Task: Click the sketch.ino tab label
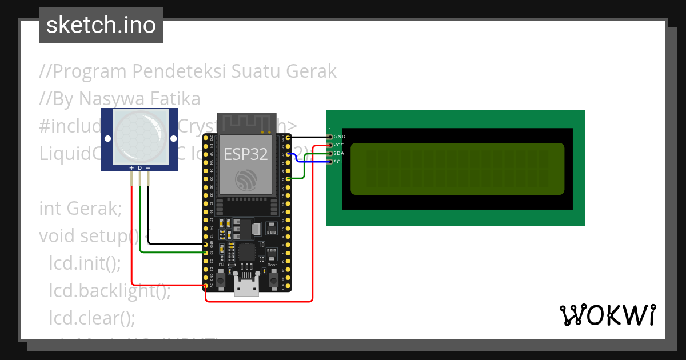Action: pyautogui.click(x=101, y=25)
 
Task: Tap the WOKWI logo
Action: pyautogui.click(x=607, y=315)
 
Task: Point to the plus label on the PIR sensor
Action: pyautogui.click(x=131, y=168)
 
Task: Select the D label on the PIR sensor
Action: pyautogui.click(x=139, y=168)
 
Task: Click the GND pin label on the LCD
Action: pyautogui.click(x=340, y=137)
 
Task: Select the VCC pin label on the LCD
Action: pyautogui.click(x=339, y=145)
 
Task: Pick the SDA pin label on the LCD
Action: pyautogui.click(x=339, y=154)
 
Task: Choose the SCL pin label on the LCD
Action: pyautogui.click(x=338, y=162)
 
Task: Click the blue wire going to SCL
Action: pyautogui.click(x=309, y=162)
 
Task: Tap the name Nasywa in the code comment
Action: pyautogui.click(x=103, y=99)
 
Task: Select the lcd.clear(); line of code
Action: pyautogui.click(x=92, y=317)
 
